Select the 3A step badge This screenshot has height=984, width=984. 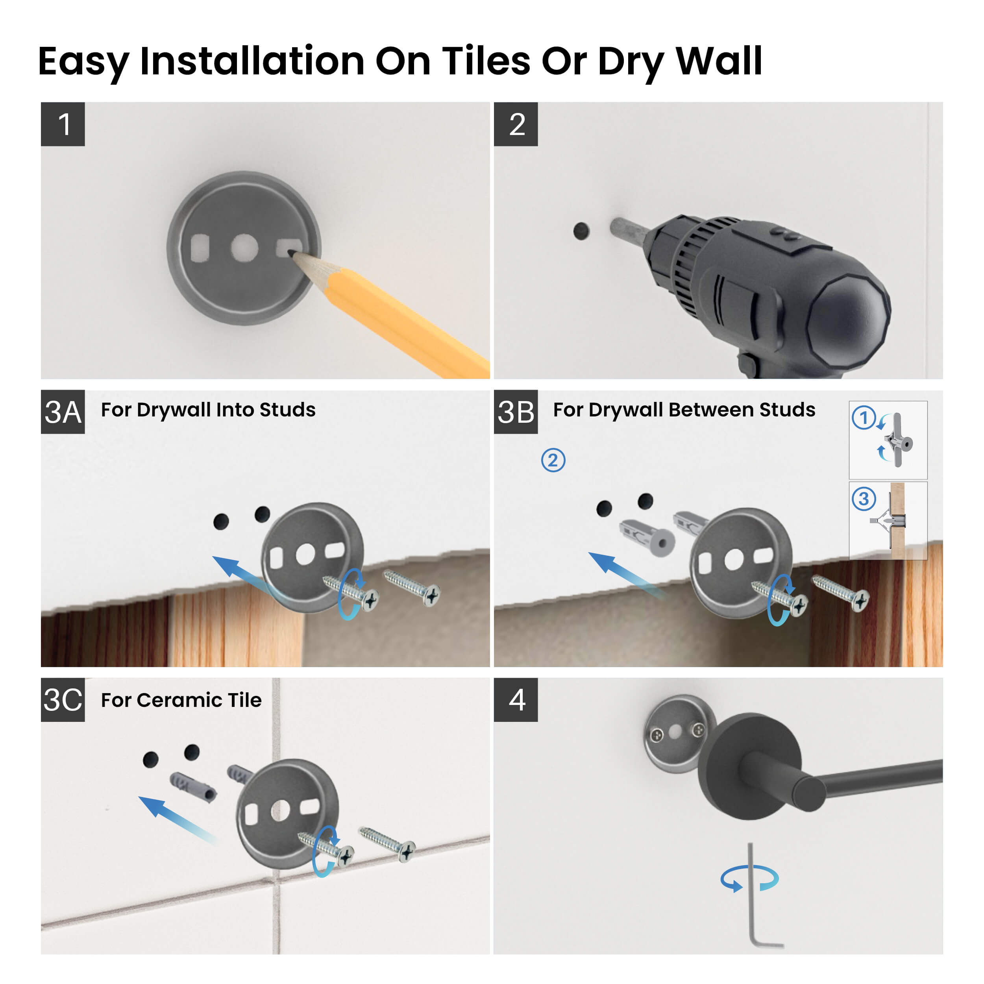tap(63, 412)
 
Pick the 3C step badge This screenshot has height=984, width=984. tap(63, 699)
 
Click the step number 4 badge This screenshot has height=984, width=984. tap(516, 699)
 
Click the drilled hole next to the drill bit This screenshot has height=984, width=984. tap(581, 231)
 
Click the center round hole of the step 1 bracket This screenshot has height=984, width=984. tap(244, 248)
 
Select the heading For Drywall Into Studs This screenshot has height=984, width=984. tap(208, 409)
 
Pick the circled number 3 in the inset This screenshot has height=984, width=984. tap(864, 499)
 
